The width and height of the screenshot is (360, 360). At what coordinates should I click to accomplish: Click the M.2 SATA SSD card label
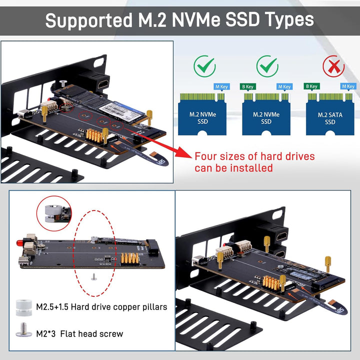[x=330, y=118]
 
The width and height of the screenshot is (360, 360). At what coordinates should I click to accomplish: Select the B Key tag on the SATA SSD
[x=311, y=86]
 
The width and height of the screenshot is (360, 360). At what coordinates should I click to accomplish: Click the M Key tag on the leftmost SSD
[x=221, y=86]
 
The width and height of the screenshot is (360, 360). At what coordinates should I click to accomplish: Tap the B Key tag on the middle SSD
[x=247, y=86]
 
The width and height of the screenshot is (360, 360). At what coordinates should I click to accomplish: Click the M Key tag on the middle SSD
[x=284, y=86]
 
